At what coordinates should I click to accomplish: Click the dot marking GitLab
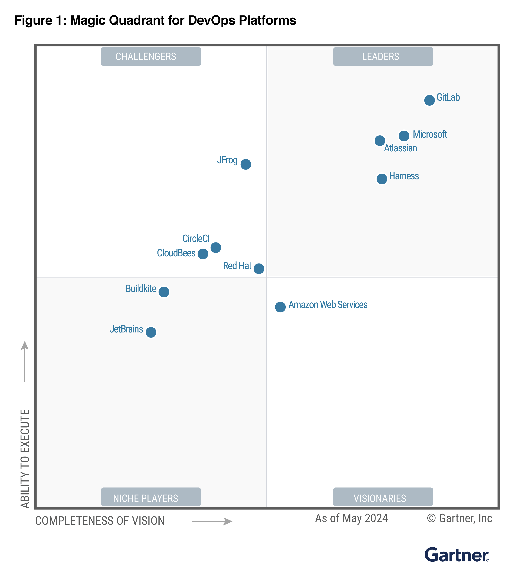tap(429, 100)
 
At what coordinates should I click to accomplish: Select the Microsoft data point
tap(404, 136)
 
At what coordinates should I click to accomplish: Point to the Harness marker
tap(382, 179)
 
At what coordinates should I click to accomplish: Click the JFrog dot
tap(245, 164)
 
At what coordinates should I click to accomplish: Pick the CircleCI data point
tap(216, 247)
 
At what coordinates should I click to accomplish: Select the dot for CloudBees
tap(203, 254)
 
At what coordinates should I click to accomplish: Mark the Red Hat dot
tap(259, 269)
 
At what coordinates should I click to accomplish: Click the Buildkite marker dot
tap(164, 292)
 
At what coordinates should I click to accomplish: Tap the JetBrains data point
tap(151, 332)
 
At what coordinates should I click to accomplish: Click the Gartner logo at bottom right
tap(456, 555)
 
